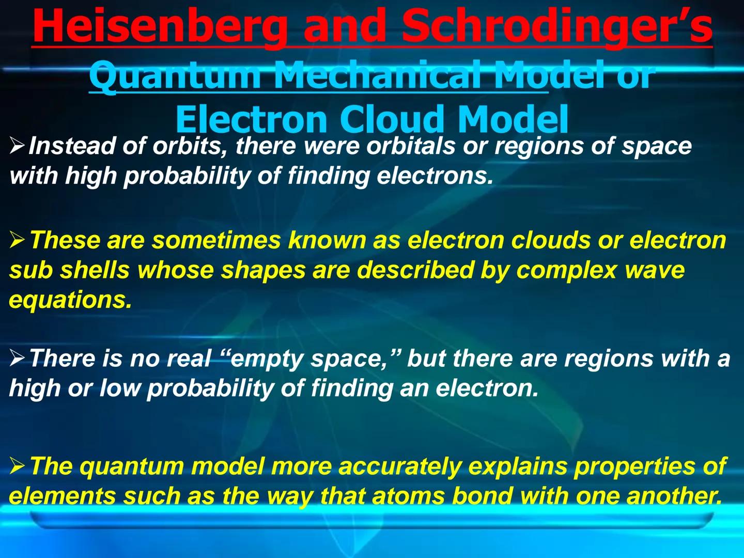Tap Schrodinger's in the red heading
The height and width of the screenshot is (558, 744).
(557, 27)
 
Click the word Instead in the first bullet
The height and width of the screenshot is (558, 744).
(72, 146)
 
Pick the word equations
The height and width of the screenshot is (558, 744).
(70, 300)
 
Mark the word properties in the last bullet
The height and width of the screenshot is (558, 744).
(634, 467)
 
